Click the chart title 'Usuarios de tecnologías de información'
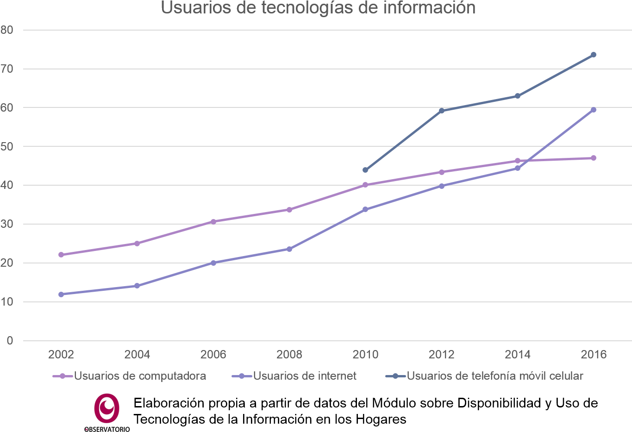(x=318, y=7)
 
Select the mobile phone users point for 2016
(x=594, y=55)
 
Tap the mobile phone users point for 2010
(x=365, y=170)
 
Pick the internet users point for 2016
(x=594, y=110)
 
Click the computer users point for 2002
(x=61, y=255)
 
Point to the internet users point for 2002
(x=61, y=294)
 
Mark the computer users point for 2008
(x=289, y=210)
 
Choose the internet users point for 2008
(x=289, y=249)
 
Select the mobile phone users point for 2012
(x=442, y=111)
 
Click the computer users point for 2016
(x=594, y=158)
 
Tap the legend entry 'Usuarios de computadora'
(x=130, y=376)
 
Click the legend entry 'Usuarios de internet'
(x=294, y=376)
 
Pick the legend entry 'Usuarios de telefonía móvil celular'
(x=484, y=376)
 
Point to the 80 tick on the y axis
(x=7, y=30)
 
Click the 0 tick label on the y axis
(x=10, y=341)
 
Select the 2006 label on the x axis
(x=213, y=354)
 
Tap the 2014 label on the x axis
(x=518, y=354)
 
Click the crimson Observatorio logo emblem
(x=106, y=408)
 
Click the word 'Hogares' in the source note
(x=381, y=419)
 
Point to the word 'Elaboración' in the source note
(x=169, y=403)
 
